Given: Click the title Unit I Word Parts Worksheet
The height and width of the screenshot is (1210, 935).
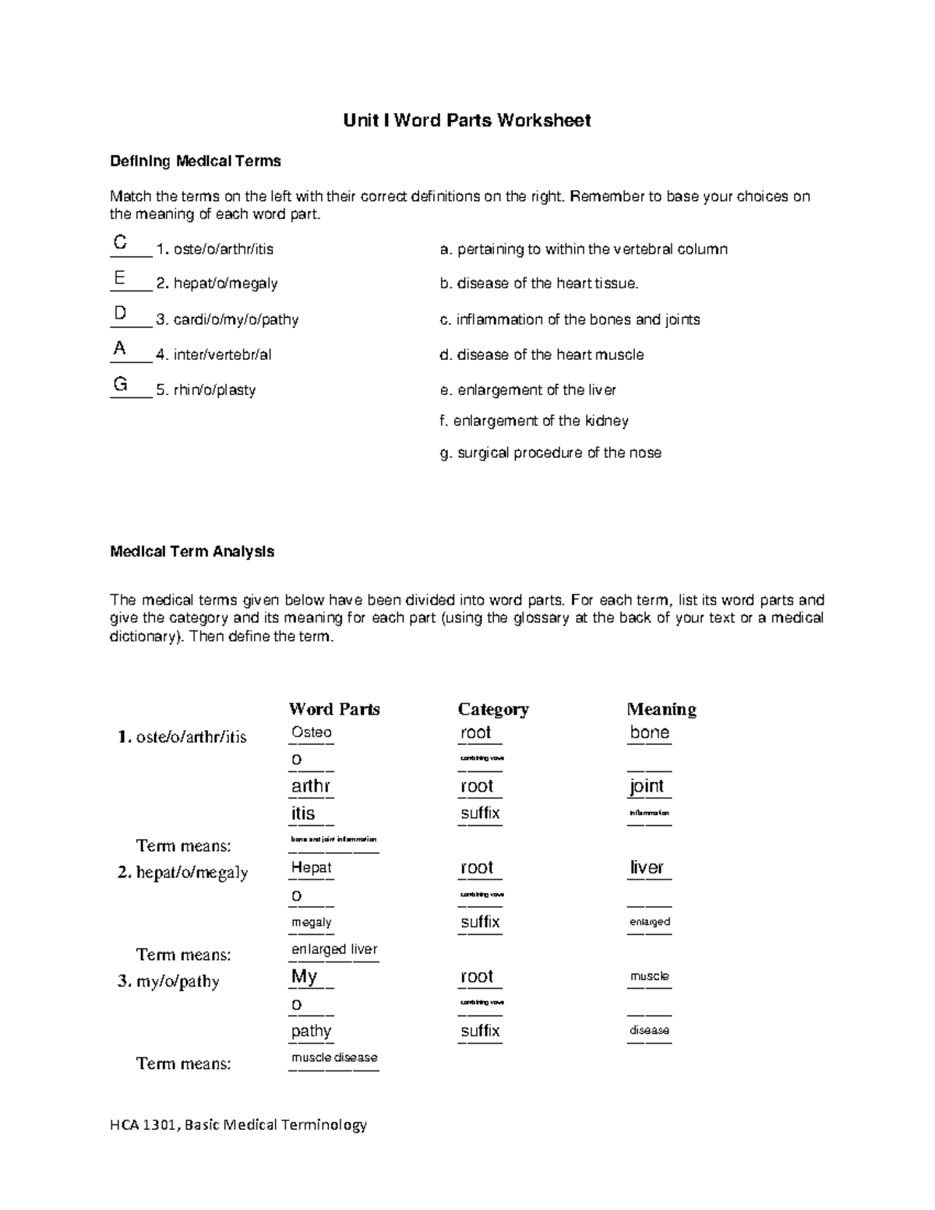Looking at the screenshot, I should pos(467,120).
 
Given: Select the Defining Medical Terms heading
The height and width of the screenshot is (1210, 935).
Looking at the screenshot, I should pos(195,161).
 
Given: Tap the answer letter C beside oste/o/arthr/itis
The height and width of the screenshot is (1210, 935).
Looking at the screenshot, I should pos(120,242).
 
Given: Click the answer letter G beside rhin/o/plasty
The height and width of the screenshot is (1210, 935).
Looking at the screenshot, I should pos(120,383).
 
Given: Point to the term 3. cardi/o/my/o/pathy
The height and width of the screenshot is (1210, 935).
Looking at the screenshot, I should pos(227,319).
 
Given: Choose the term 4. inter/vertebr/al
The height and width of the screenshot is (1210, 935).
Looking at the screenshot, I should pos(213,355).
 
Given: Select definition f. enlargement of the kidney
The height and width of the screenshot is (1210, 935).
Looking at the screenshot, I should pos(534,421).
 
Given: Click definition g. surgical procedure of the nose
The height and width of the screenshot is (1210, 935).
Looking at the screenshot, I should pos(550,453).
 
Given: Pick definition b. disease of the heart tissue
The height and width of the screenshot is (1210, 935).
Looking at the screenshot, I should pos(538,284).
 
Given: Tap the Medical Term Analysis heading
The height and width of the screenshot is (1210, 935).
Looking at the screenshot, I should pos(192,552).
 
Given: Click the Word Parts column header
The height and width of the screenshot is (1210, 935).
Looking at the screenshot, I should pos(334,709).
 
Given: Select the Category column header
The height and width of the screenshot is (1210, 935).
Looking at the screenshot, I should pos(493,709).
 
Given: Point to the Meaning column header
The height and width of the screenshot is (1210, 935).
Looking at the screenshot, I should pos(662,709).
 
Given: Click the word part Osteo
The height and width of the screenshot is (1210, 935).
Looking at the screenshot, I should pos(311,732).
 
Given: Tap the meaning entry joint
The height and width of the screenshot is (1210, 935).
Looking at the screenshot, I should pos(647,786).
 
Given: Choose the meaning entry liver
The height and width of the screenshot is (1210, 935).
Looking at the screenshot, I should pos(647,867).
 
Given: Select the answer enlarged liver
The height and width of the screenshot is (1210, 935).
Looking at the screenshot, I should pos(333,949).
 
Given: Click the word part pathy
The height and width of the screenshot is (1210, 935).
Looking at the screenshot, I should pos(311,1031).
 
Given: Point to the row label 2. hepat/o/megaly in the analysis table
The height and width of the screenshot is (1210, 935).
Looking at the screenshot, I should pos(183,873).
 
